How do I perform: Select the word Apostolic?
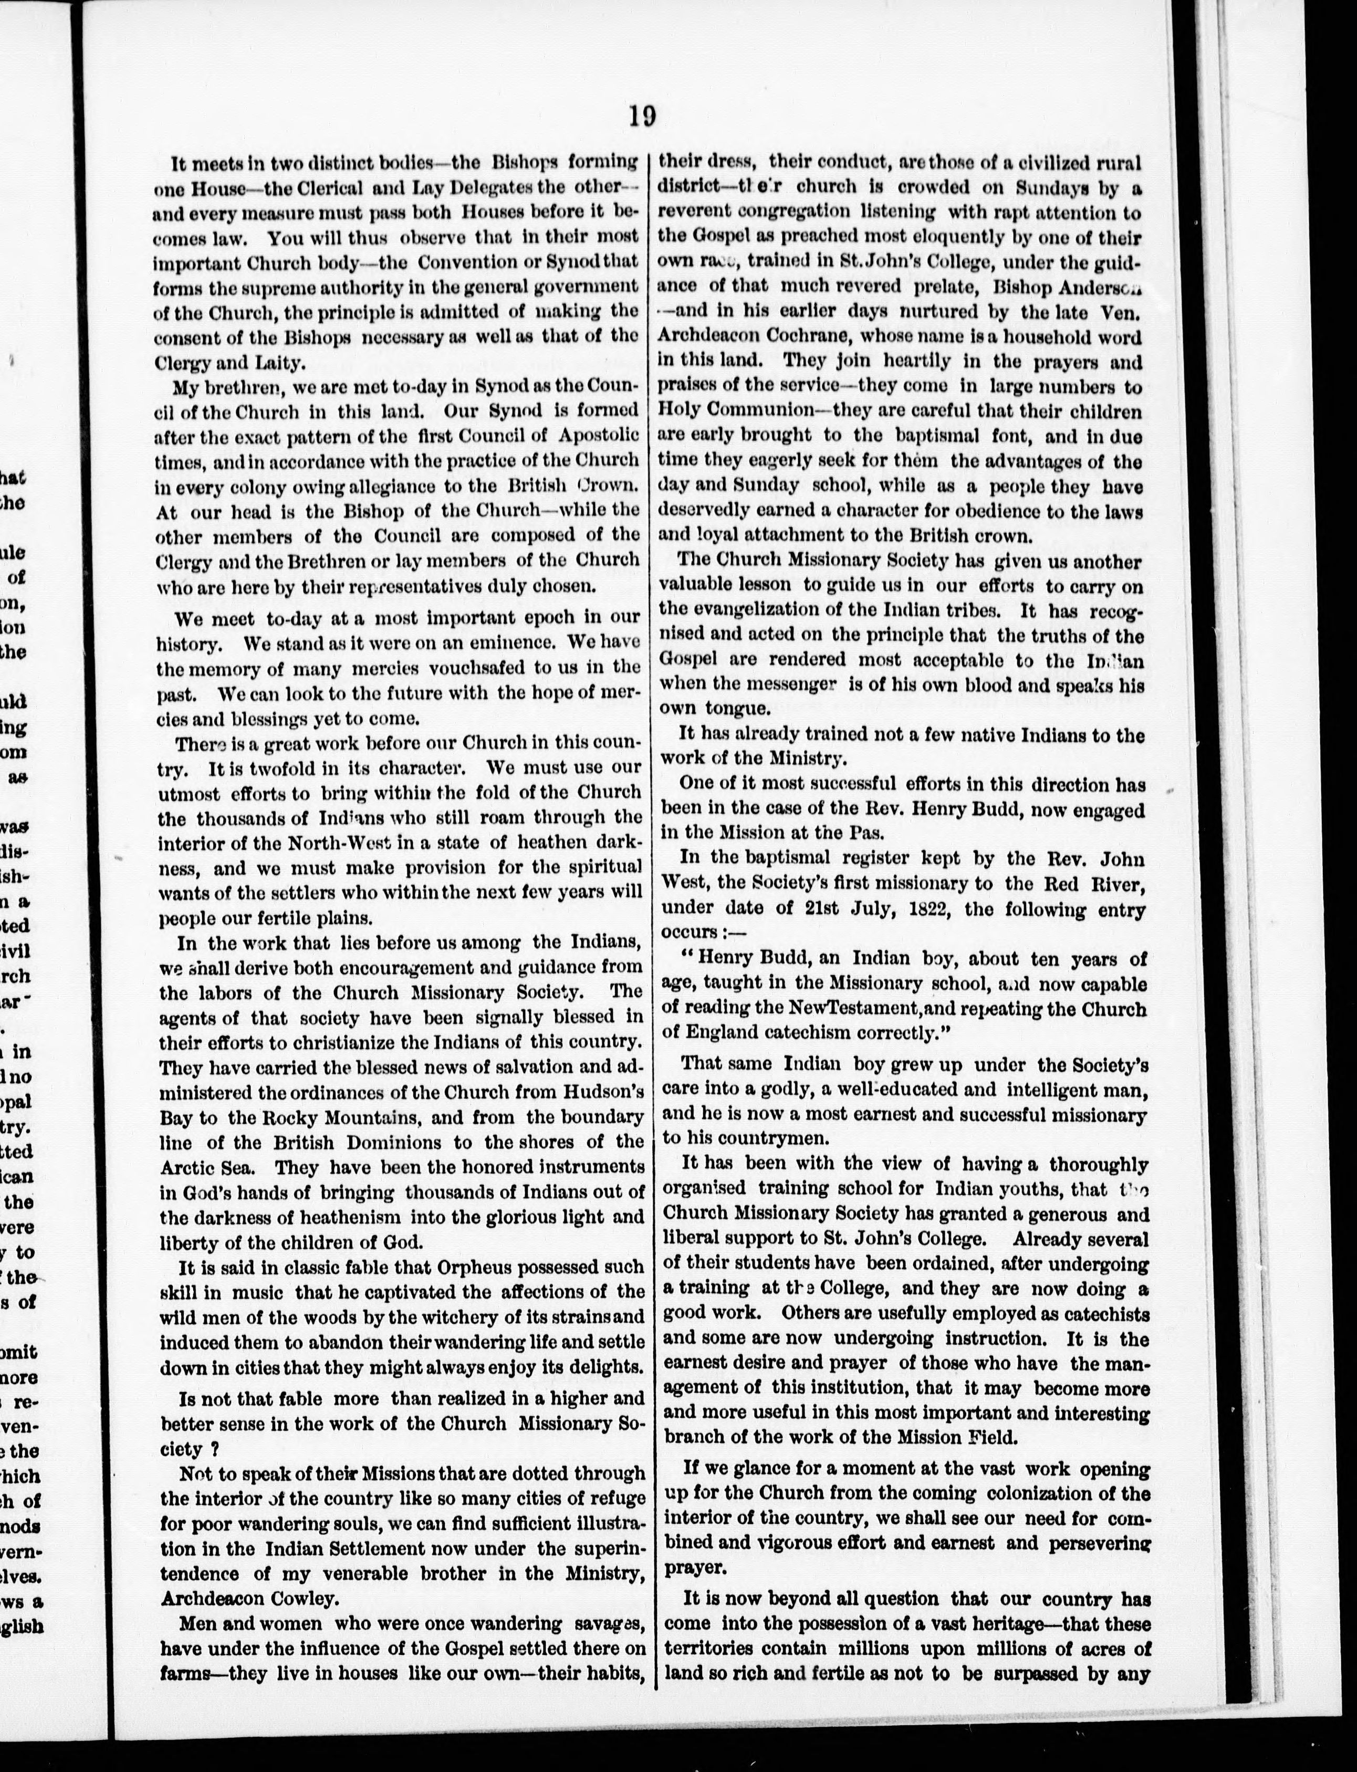point(598,434)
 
